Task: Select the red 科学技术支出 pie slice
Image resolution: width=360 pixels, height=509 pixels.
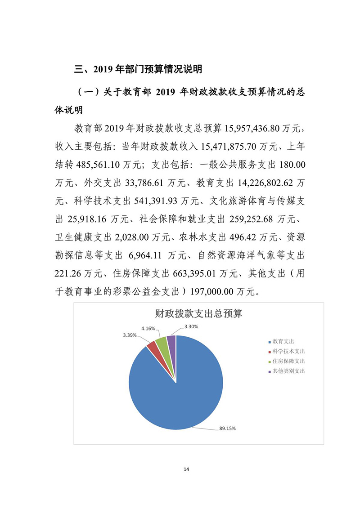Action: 152,347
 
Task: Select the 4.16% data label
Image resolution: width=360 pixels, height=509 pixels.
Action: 148,328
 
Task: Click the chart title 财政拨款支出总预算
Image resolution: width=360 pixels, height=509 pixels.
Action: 198,313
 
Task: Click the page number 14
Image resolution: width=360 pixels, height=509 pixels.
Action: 186,469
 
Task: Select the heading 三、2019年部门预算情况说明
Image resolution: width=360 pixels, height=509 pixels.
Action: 139,70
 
